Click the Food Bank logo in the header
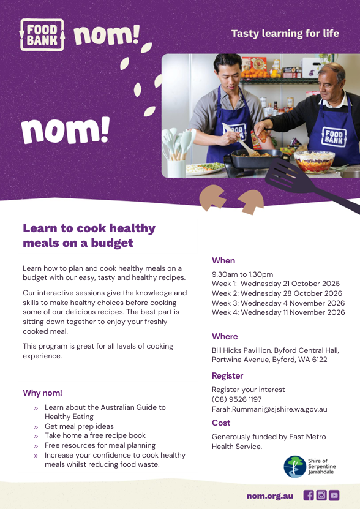(x=42, y=35)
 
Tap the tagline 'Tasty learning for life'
(x=285, y=34)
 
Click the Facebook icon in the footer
(x=309, y=495)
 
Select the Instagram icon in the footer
(x=321, y=495)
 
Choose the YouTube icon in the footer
(x=334, y=495)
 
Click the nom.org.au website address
(x=270, y=496)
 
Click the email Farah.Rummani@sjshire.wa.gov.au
(x=269, y=409)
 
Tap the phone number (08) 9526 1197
(x=237, y=399)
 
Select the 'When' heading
(x=223, y=260)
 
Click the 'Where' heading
(x=225, y=336)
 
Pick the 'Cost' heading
(x=221, y=423)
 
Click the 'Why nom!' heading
(x=42, y=393)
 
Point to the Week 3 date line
(x=278, y=303)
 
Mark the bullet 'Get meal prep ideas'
(x=79, y=426)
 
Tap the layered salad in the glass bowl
(x=314, y=161)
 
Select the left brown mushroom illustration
(x=212, y=197)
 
